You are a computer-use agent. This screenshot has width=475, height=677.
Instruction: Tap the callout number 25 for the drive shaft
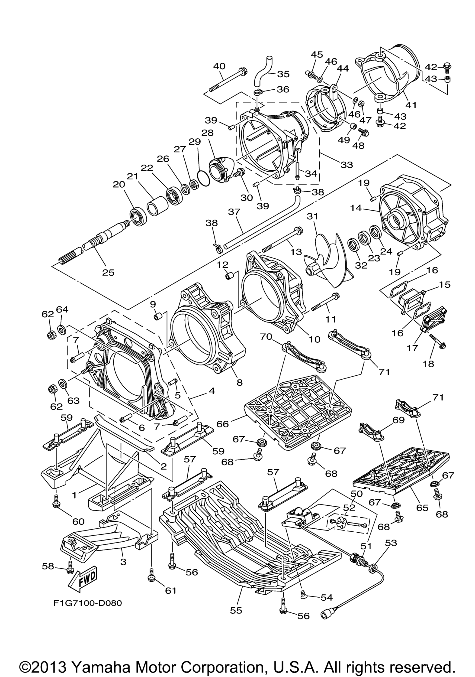coord(108,273)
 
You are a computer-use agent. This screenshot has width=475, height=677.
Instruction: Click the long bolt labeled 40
coord(228,80)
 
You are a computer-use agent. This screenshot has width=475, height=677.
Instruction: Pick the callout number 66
coord(223,424)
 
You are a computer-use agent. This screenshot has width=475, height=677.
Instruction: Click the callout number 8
coord(240,382)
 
